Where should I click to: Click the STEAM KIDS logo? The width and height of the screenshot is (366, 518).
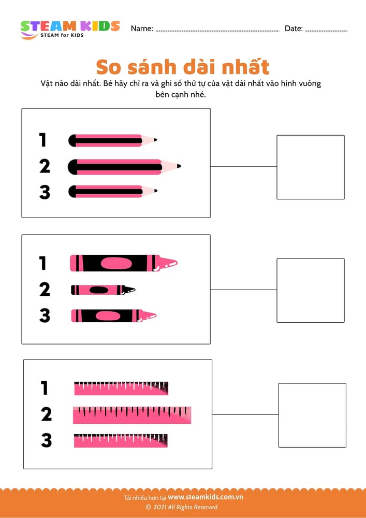pos(70,30)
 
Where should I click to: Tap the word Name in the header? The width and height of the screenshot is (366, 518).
pos(142,28)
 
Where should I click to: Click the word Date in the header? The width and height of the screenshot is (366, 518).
pos(294,28)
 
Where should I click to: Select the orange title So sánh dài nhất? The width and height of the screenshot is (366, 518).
pos(183,67)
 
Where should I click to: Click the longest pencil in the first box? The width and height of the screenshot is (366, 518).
pos(124,167)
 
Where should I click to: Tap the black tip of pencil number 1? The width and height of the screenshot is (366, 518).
pos(155,140)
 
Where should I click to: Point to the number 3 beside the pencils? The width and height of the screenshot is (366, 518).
pos(45,192)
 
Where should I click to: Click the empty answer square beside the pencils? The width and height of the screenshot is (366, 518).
pos(310,167)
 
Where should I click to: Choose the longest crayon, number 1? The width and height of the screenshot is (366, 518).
pos(124,263)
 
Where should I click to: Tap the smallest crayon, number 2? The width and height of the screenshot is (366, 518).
pos(103,290)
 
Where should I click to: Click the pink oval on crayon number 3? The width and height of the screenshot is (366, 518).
pos(108,316)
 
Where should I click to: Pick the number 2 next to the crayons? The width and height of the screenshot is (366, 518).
pos(45,290)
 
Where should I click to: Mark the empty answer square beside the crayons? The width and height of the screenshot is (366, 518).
pos(310,290)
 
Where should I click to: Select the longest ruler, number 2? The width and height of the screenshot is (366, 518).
pos(132,415)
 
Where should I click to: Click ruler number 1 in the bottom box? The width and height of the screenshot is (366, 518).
pos(121,388)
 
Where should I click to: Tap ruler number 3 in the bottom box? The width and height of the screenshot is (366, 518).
pos(121,441)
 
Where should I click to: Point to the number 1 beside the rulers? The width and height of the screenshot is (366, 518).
pos(45,388)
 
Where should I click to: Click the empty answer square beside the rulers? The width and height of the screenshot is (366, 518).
pos(312,415)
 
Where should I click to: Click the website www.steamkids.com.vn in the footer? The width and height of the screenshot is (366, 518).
pos(206,497)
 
